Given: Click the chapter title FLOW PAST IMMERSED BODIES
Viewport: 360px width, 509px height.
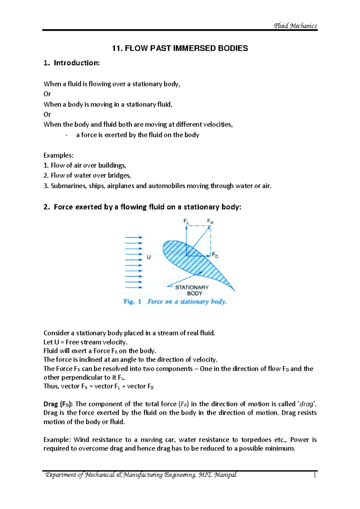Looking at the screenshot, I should pos(180,48).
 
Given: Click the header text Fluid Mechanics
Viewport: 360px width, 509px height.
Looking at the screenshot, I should pos(295,26).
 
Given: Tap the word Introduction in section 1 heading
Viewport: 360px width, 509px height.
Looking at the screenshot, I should pos(76,63).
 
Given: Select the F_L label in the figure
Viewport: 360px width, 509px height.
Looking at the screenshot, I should pos(186,221).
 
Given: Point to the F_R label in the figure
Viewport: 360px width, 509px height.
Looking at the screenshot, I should pos(210,222).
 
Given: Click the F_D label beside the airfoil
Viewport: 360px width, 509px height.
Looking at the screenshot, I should pos(215,255).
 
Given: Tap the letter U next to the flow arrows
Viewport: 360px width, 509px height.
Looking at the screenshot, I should pos(149,257).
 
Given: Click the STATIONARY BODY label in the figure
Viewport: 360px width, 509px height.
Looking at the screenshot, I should pos(192,290).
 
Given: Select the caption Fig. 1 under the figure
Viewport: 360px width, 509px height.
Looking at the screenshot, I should pos(132,302).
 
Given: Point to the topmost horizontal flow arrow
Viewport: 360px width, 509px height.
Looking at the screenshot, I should pos(133,237).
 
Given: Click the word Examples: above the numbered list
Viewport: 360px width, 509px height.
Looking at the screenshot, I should pos(58,155).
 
